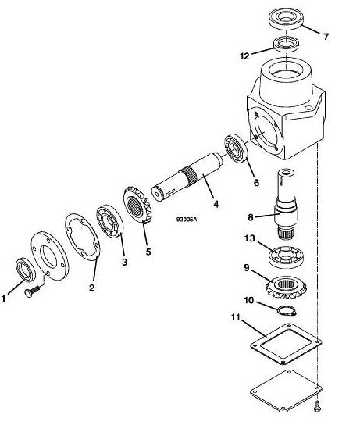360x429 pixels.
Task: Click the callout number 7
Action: (x=326, y=37)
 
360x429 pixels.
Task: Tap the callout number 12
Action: (x=244, y=56)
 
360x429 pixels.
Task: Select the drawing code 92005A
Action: (x=187, y=220)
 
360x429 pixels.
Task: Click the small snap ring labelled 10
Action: (x=287, y=310)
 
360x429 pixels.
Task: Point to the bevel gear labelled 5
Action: (x=137, y=204)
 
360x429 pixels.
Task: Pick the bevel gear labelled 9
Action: (x=286, y=288)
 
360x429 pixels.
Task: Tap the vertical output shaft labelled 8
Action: (x=286, y=204)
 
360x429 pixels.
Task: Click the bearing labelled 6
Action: (x=236, y=148)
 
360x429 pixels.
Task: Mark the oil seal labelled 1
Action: (x=25, y=270)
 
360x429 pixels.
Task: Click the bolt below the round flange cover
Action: (x=32, y=291)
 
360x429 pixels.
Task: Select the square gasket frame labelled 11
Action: (x=286, y=343)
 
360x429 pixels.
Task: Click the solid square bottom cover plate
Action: (x=286, y=390)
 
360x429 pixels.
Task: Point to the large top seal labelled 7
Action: (x=286, y=19)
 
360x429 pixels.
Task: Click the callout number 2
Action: (x=91, y=288)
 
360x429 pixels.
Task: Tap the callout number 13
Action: (x=250, y=238)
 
